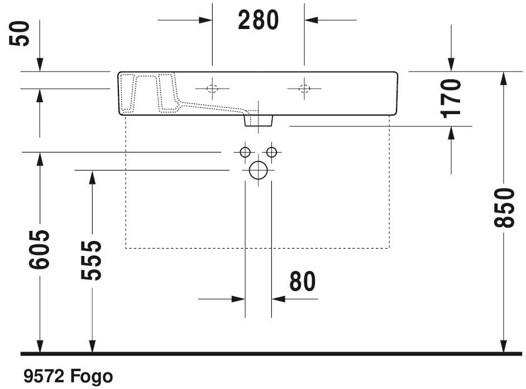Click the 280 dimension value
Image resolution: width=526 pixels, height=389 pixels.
tap(259, 20)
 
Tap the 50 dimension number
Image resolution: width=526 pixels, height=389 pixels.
tap(20, 34)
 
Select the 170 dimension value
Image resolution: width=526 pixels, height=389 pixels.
tap(451, 98)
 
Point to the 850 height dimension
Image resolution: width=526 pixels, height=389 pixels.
tap(504, 208)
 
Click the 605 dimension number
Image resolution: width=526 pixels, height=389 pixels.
tap(39, 249)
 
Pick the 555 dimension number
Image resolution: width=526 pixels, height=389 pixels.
tap(91, 260)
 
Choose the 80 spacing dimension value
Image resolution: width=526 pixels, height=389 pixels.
tap(303, 281)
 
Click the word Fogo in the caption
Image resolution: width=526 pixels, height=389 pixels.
tap(92, 376)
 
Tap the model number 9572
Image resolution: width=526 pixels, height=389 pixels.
tap(44, 376)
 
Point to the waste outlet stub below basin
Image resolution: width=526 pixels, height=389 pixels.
tap(259, 120)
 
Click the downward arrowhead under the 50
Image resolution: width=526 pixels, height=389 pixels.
tap(40, 64)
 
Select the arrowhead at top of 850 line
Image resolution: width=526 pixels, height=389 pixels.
tap(503, 79)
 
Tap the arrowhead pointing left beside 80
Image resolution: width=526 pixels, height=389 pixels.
tap(279, 298)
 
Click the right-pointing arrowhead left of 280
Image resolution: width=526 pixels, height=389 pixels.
tap(205, 20)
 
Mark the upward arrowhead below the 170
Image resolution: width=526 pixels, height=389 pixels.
tap(451, 133)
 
